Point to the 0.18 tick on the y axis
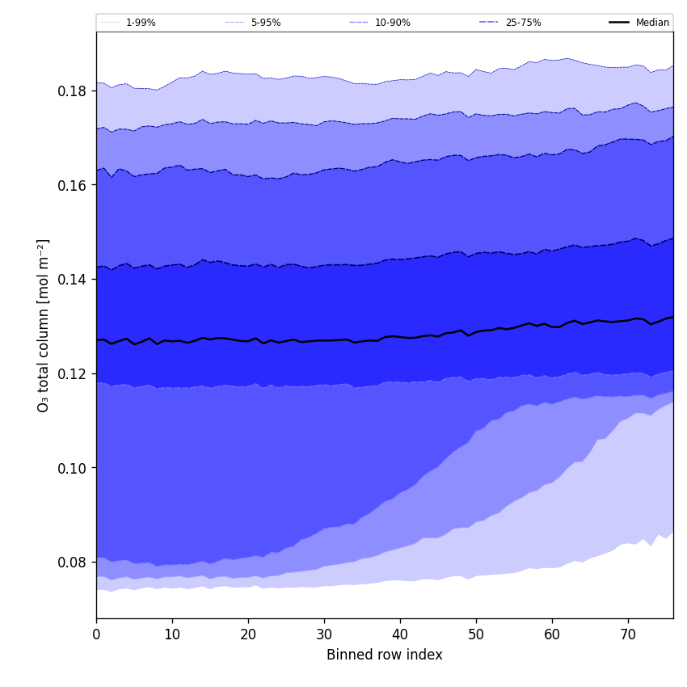(x=74, y=91)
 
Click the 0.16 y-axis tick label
(x=74, y=185)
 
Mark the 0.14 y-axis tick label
(x=74, y=280)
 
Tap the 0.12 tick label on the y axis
(x=74, y=373)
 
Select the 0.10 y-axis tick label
(x=74, y=468)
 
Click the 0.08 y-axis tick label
(x=74, y=563)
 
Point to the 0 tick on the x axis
(x=96, y=635)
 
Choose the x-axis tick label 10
(x=172, y=635)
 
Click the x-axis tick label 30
(x=324, y=635)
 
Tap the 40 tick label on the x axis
(x=400, y=635)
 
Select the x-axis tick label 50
(x=476, y=635)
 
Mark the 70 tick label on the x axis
(x=628, y=635)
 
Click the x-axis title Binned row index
(x=385, y=655)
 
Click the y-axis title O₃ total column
(x=44, y=325)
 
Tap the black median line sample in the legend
(x=619, y=23)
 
